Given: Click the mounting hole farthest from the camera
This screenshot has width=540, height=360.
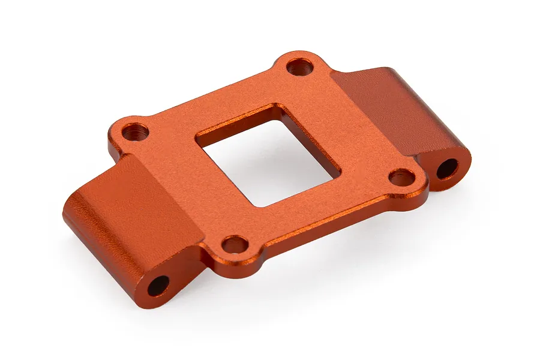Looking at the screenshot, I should [x=299, y=67].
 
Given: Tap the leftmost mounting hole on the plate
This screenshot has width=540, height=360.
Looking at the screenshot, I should [x=136, y=131].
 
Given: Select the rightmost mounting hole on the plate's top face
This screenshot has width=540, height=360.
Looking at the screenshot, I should [x=401, y=177].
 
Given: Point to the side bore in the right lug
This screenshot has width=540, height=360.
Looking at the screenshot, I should [x=447, y=169].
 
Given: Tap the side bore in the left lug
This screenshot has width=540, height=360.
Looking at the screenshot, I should [x=158, y=286].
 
